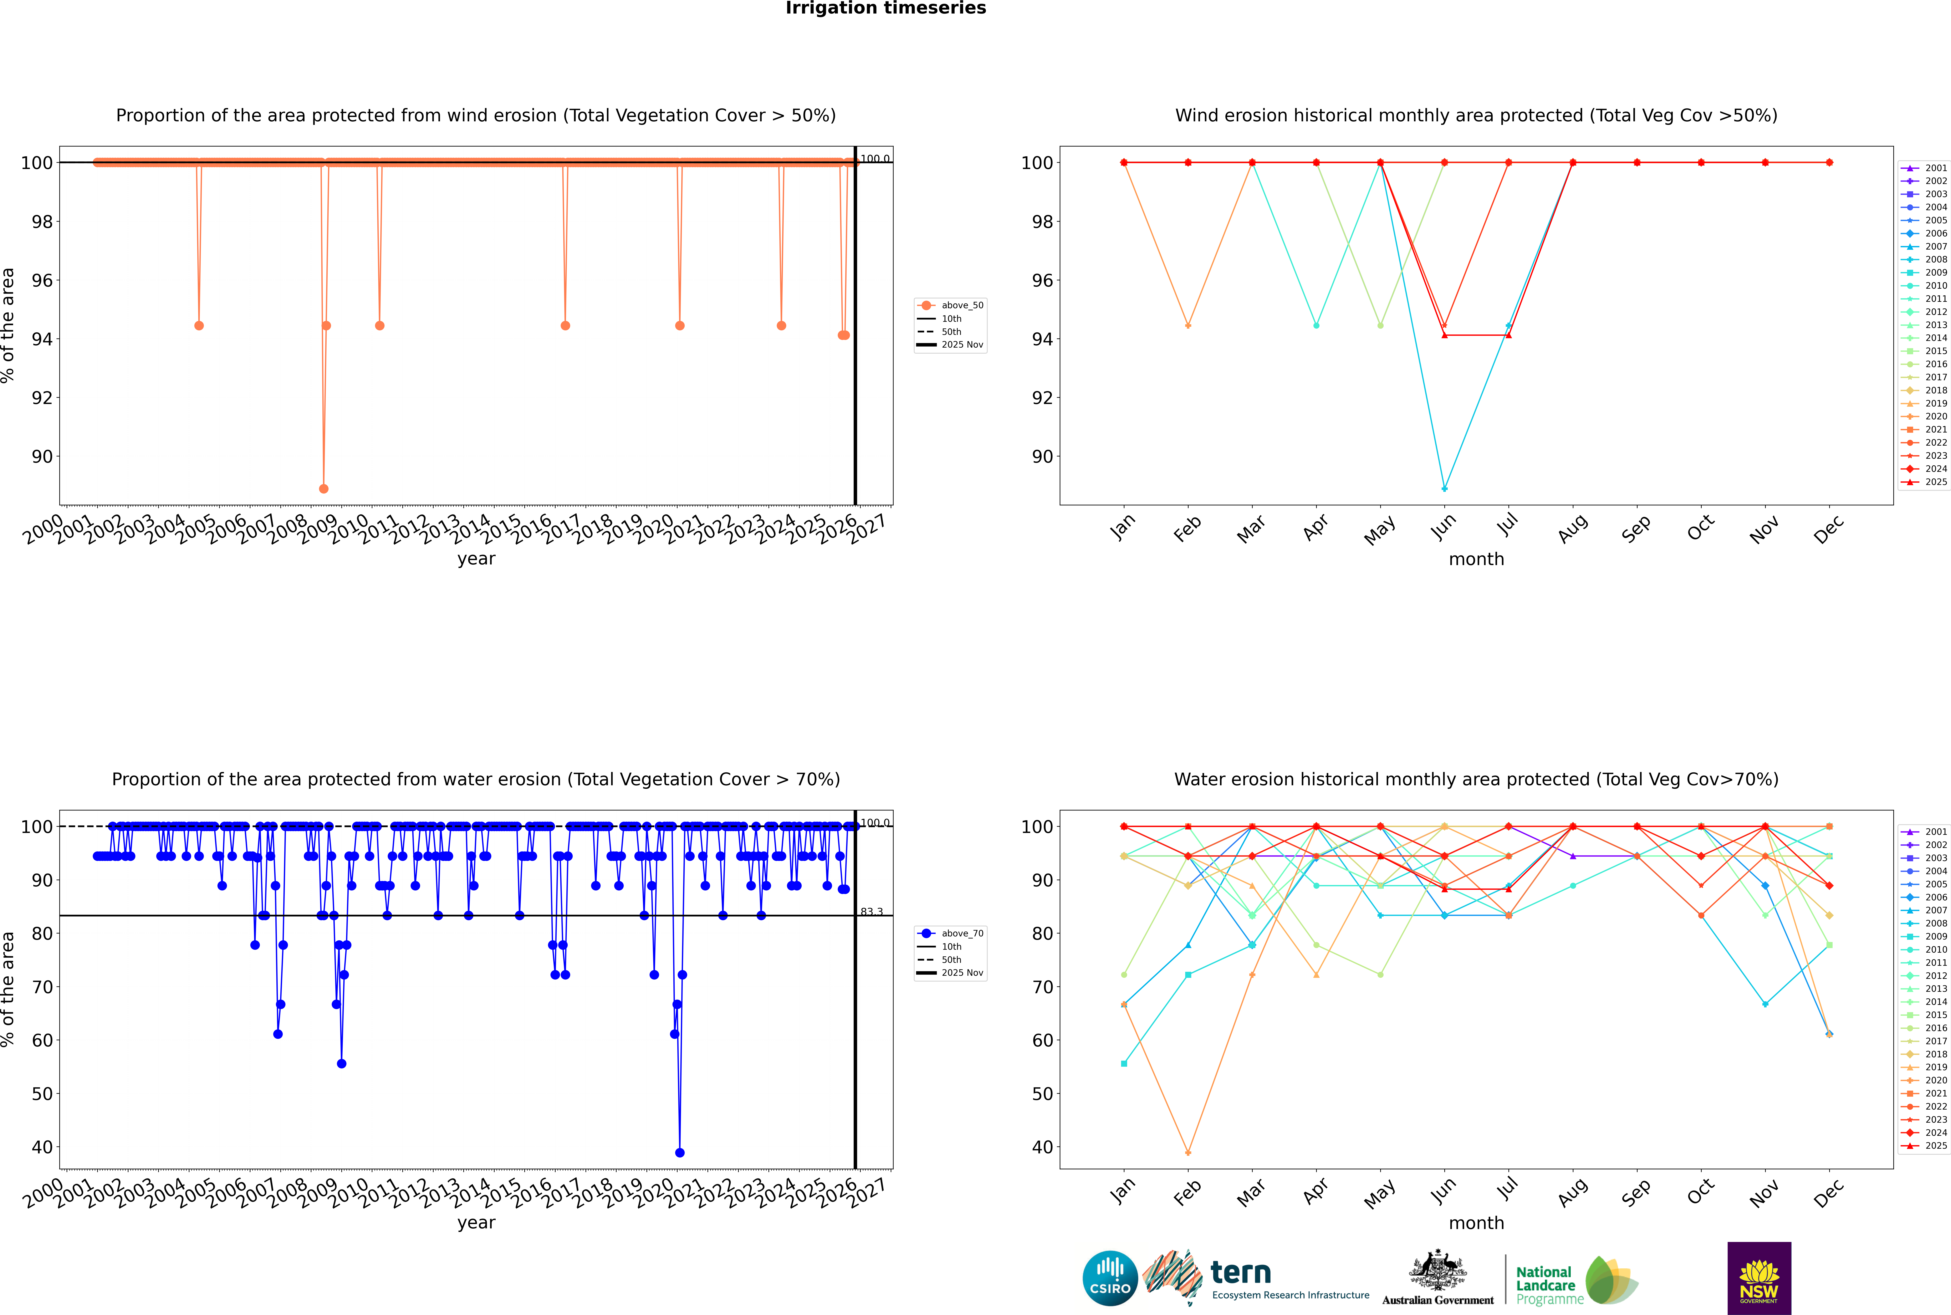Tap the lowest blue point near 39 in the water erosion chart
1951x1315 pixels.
point(679,1152)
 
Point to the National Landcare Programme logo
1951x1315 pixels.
point(1575,1281)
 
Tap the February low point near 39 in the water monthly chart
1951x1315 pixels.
point(1188,1152)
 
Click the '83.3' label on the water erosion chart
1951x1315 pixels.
point(872,912)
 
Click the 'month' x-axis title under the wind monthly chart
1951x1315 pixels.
point(1476,559)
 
